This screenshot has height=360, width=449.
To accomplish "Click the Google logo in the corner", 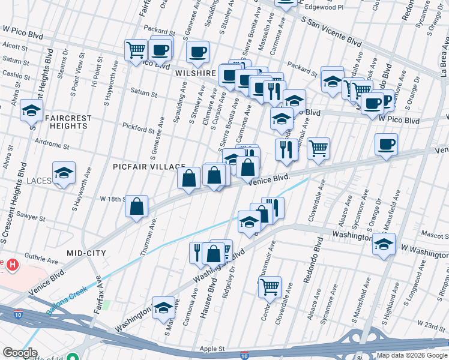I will [x=20, y=353].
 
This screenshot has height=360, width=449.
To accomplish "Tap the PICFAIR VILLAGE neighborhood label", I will [x=149, y=166].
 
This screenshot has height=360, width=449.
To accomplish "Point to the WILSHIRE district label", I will [x=196, y=73].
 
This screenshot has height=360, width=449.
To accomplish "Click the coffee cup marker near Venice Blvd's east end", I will [x=386, y=143].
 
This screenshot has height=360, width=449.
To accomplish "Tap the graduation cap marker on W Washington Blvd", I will [x=383, y=244].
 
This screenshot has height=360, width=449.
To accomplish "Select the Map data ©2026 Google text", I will [x=412, y=355].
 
